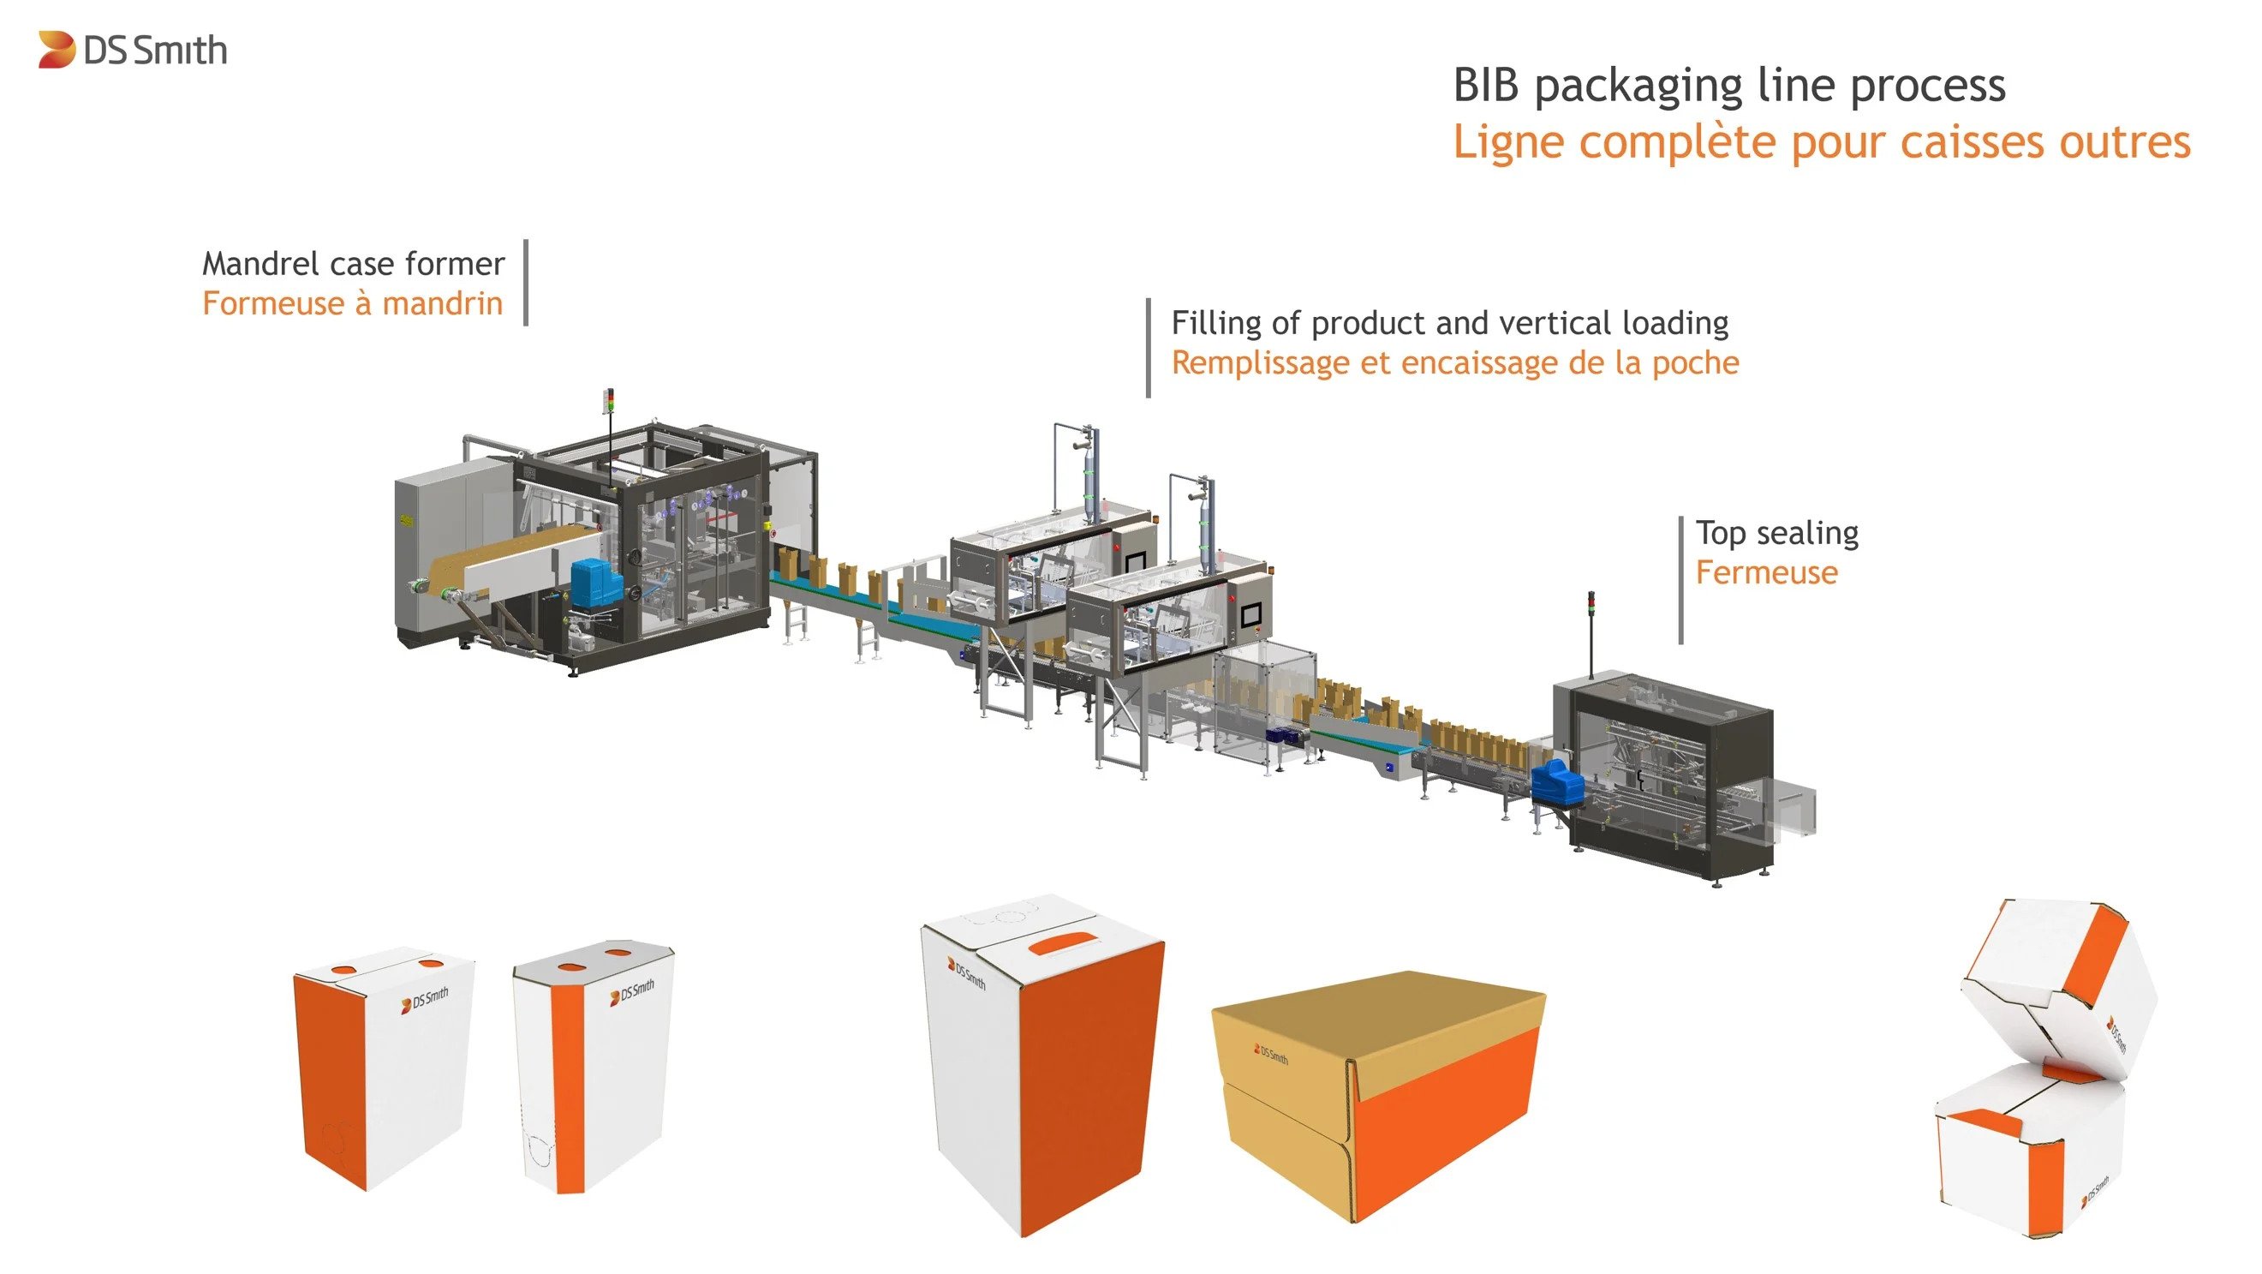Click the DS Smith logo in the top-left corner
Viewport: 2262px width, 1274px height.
[x=133, y=50]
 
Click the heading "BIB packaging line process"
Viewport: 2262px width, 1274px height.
[x=1728, y=87]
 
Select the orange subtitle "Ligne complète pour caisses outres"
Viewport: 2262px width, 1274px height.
[x=1821, y=142]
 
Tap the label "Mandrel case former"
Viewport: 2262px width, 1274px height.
[x=353, y=264]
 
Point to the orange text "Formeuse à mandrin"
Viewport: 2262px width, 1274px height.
[x=352, y=304]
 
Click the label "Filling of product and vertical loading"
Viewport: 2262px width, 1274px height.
[x=1450, y=323]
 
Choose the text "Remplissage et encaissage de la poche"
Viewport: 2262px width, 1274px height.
[x=1455, y=363]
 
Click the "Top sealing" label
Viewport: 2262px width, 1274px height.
[x=1776, y=533]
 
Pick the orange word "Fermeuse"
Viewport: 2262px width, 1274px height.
[x=1766, y=573]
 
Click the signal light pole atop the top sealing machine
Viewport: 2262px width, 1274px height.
[x=1591, y=632]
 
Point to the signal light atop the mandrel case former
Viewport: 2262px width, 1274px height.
[x=611, y=404]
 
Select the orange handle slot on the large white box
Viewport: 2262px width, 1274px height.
[x=1065, y=944]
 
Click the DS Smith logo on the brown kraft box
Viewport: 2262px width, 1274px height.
[x=1271, y=1054]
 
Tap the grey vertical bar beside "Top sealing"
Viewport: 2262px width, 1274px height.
[x=1680, y=580]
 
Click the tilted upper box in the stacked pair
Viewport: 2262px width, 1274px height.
[x=2059, y=984]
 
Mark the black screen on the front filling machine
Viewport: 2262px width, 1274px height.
[x=1250, y=614]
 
